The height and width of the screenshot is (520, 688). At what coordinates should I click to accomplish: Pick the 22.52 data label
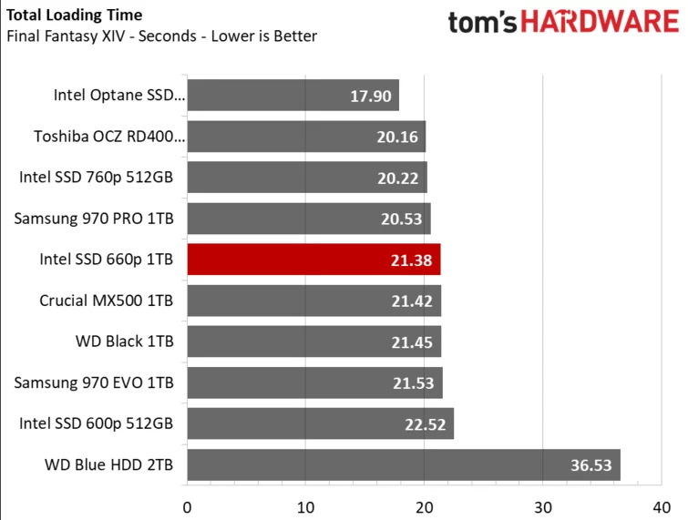tap(426, 424)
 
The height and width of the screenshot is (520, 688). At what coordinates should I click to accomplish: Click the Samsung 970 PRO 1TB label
tap(94, 219)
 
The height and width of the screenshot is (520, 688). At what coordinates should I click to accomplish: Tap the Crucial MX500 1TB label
tap(107, 301)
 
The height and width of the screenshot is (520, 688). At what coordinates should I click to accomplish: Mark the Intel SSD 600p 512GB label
tap(96, 423)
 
